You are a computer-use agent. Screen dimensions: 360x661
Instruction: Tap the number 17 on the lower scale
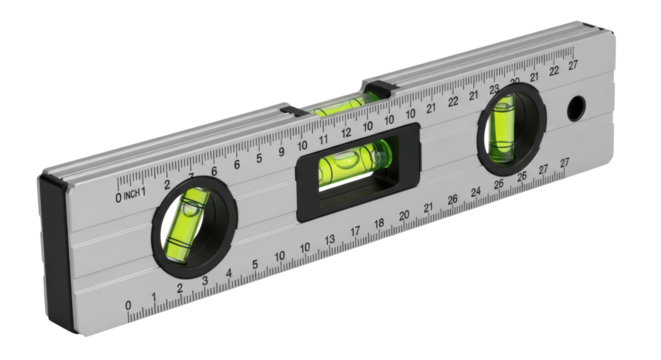point(355,232)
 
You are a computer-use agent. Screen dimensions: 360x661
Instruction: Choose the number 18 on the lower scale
point(380,224)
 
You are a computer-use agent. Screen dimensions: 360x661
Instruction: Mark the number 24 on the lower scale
point(476,191)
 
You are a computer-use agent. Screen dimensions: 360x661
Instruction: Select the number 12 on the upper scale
point(345,133)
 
